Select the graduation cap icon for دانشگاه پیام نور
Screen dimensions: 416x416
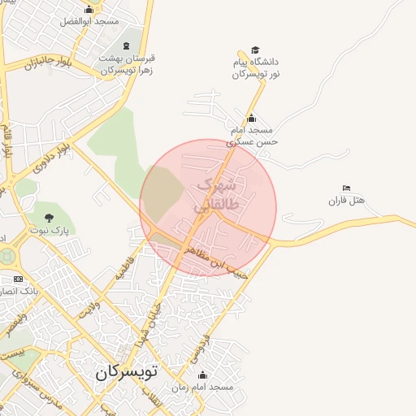(256, 50)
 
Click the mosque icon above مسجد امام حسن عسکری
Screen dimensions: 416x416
(251, 118)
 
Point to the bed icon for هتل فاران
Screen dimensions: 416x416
(347, 188)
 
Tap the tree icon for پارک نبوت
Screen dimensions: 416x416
(49, 217)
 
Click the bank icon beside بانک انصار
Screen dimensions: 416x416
(18, 279)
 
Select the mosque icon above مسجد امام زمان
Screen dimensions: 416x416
(202, 375)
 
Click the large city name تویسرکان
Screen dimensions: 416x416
(129, 373)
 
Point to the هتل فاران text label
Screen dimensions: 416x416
(348, 201)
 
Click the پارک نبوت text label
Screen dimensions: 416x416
(47, 230)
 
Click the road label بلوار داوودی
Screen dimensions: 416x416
(48, 155)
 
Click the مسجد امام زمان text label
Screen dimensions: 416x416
(209, 388)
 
